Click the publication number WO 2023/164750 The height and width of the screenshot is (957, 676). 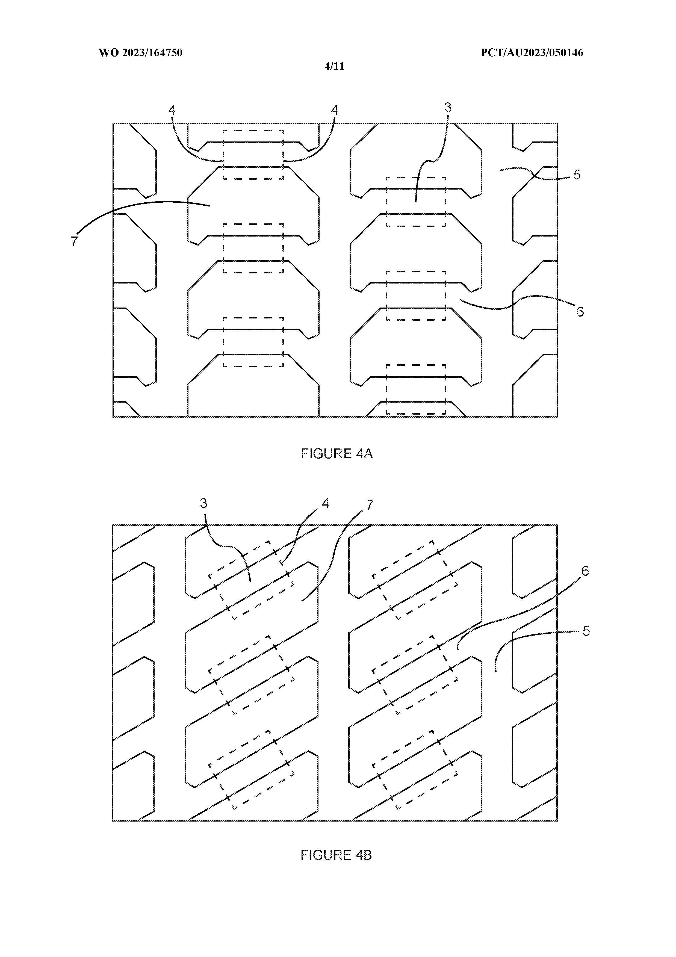pyautogui.click(x=140, y=53)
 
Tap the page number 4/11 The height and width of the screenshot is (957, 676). pyautogui.click(x=335, y=66)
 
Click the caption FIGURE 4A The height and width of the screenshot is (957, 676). pyautogui.click(x=337, y=453)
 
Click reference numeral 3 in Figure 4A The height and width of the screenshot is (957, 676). pyautogui.click(x=448, y=108)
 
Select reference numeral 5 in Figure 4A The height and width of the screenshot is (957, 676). pyautogui.click(x=577, y=175)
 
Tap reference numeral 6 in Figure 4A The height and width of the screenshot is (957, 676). pyautogui.click(x=580, y=312)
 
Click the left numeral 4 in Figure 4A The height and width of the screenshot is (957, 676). pyautogui.click(x=172, y=110)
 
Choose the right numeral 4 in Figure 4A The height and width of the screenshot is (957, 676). pyautogui.click(x=334, y=110)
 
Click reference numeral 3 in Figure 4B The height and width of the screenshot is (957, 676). pyautogui.click(x=204, y=504)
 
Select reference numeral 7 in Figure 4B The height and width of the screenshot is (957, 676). pyautogui.click(x=369, y=505)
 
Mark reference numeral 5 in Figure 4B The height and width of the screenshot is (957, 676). pyautogui.click(x=586, y=631)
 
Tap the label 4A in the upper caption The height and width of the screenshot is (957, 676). pyautogui.click(x=365, y=453)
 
